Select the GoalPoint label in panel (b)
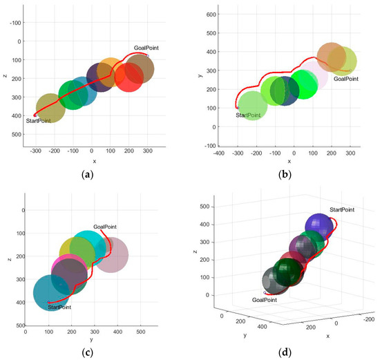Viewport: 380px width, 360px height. [x=346, y=79]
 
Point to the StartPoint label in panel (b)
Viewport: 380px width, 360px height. [x=251, y=115]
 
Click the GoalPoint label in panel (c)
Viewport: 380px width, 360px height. [x=108, y=226]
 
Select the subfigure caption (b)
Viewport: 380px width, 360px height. [x=284, y=176]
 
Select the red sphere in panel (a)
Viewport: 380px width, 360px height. [x=129, y=76]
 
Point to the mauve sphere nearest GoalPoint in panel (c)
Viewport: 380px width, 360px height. [x=111, y=255]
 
